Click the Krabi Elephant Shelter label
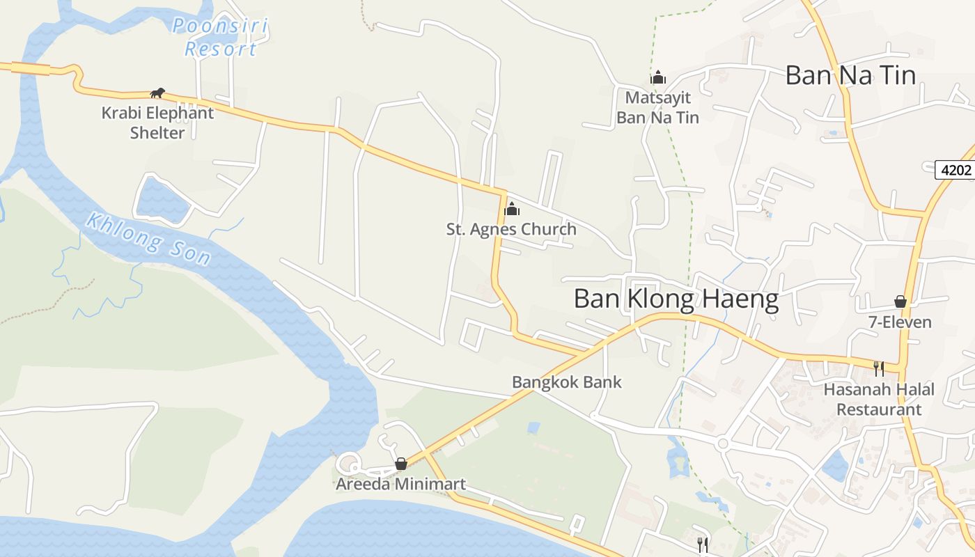[x=157, y=122]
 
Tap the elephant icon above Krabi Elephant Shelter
[x=158, y=93]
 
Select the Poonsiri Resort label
[x=220, y=38]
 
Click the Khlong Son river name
[x=148, y=239]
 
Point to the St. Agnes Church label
[x=511, y=229]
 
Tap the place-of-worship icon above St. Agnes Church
[x=512, y=208]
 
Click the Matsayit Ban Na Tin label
[x=657, y=107]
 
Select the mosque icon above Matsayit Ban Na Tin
[x=658, y=77]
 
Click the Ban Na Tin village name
[x=850, y=75]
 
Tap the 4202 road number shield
[x=955, y=170]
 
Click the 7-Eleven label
[x=900, y=322]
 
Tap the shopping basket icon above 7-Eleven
[x=900, y=301]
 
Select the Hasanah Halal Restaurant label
[x=879, y=399]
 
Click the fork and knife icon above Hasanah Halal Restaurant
[x=879, y=368]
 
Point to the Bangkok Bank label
[x=566, y=382]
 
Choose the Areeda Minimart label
[x=400, y=484]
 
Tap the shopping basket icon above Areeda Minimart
[x=401, y=464]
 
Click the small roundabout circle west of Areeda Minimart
[x=348, y=464]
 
